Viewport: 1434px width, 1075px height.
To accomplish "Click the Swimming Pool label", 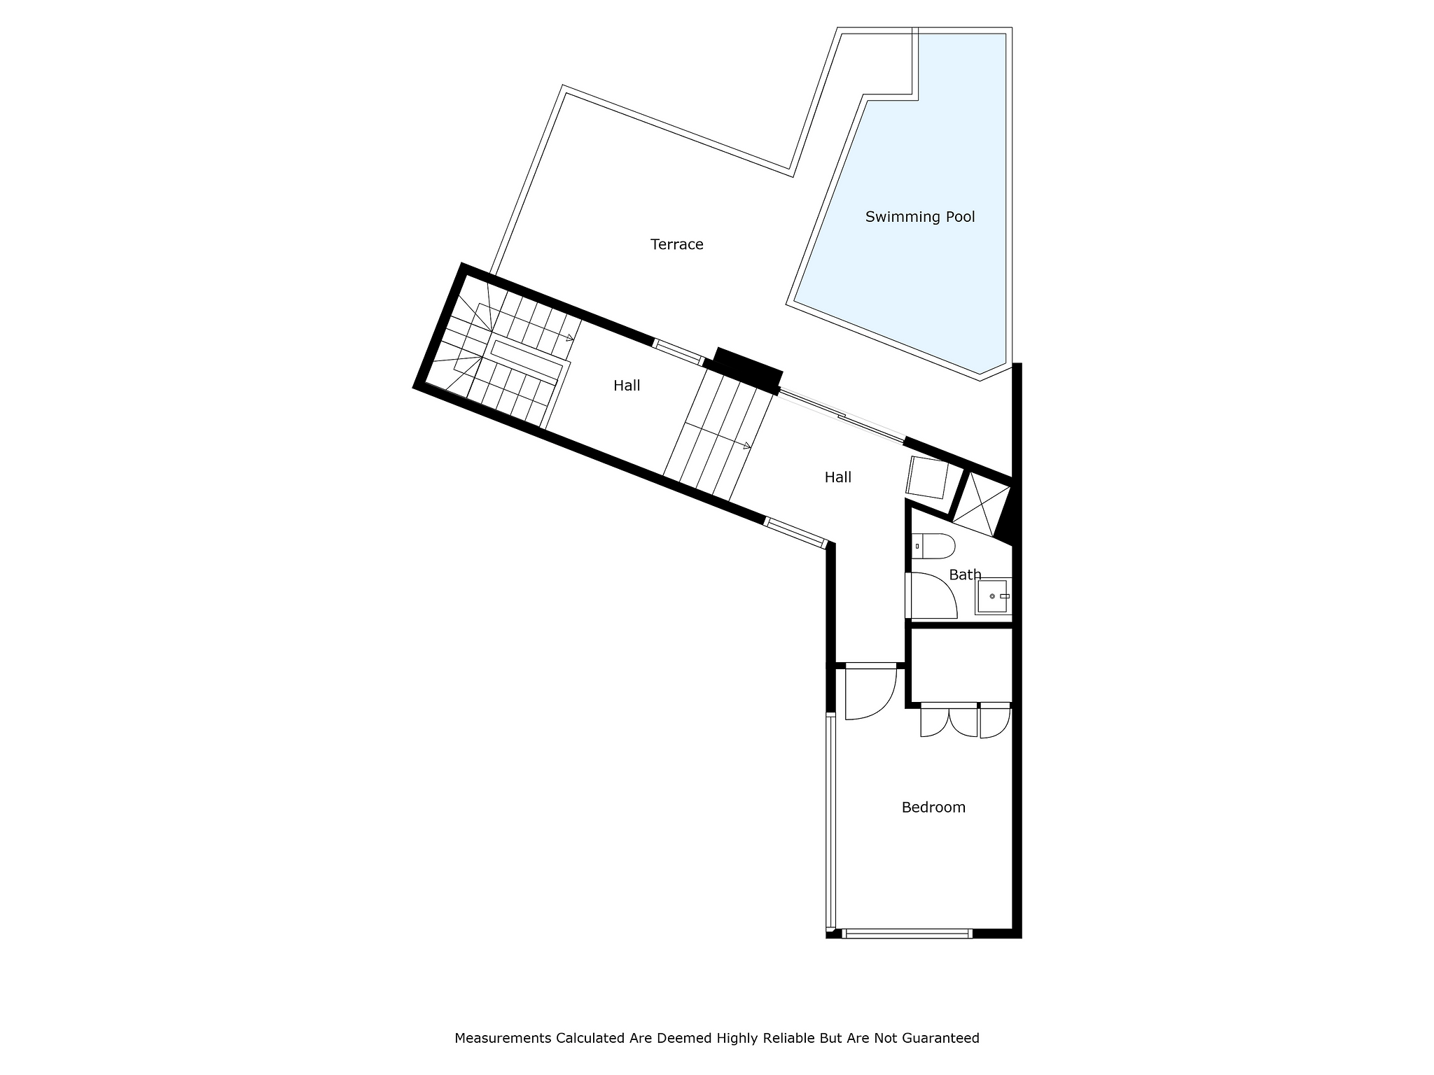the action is click(x=920, y=217).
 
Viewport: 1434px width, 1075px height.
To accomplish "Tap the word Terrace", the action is click(x=676, y=244).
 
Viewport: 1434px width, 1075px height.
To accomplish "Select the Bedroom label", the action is click(x=933, y=807).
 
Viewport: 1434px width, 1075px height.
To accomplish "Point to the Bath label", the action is click(x=965, y=575).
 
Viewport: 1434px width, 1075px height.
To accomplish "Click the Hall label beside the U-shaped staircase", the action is click(x=627, y=386).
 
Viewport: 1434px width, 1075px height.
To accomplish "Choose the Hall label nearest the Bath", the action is click(x=837, y=477).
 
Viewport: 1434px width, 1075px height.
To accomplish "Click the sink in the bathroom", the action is click(x=993, y=596).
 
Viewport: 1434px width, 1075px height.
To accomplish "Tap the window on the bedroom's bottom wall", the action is click(x=907, y=933).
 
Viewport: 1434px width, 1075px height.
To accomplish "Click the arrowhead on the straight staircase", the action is click(x=747, y=445).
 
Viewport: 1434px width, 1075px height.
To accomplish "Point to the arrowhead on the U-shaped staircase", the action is click(x=570, y=338).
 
